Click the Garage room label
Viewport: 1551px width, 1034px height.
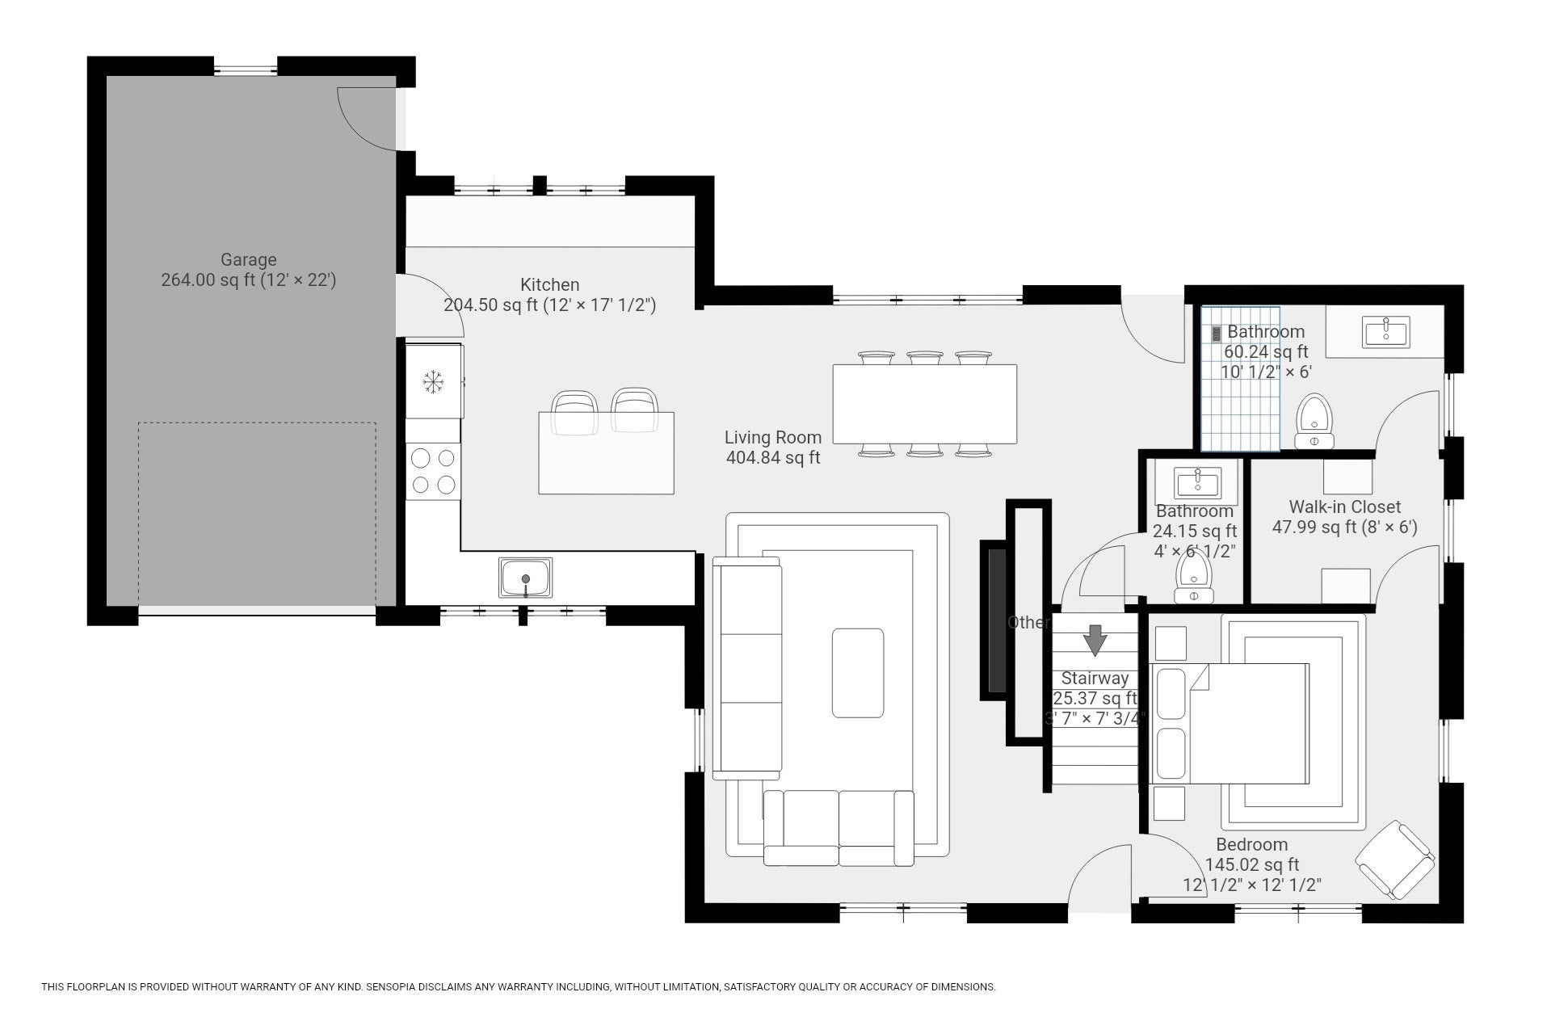tap(249, 260)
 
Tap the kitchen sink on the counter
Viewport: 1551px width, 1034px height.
tap(526, 578)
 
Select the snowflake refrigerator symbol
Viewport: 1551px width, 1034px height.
tap(434, 381)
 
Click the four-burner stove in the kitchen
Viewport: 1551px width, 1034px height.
tap(433, 472)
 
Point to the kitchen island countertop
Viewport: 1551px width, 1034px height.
tap(606, 452)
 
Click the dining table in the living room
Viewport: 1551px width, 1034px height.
tap(925, 404)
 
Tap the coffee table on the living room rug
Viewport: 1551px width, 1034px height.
tap(858, 673)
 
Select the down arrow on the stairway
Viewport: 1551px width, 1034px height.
tap(1095, 641)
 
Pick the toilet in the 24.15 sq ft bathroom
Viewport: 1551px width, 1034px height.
tap(1193, 575)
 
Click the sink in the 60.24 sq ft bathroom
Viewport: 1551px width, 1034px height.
tap(1386, 332)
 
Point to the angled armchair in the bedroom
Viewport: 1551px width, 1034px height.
tap(1395, 860)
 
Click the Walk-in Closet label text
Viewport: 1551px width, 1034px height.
tap(1345, 507)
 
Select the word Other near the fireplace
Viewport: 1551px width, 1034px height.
tap(1028, 623)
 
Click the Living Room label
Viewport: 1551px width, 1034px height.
tap(773, 438)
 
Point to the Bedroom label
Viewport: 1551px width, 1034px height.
tap(1252, 845)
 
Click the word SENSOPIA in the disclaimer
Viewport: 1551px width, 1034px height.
tap(395, 987)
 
